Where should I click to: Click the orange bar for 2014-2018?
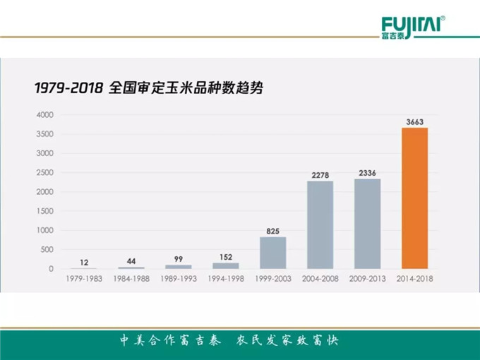(x=415, y=198)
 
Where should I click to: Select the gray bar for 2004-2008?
(x=320, y=224)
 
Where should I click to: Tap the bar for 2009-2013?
(x=367, y=223)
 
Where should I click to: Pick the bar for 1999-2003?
(x=272, y=253)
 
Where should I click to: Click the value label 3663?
(x=415, y=121)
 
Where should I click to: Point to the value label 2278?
(x=320, y=175)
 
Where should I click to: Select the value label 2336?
(x=367, y=173)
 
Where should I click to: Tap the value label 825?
(x=272, y=231)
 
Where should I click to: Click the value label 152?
(x=225, y=257)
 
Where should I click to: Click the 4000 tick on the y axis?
(x=44, y=114)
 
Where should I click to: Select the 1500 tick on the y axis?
(x=44, y=211)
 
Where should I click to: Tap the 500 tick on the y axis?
(x=47, y=250)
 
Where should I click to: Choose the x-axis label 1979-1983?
(x=83, y=279)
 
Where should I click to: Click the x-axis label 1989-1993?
(x=178, y=279)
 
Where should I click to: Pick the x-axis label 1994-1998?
(x=225, y=279)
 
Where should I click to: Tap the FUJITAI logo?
(x=413, y=27)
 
